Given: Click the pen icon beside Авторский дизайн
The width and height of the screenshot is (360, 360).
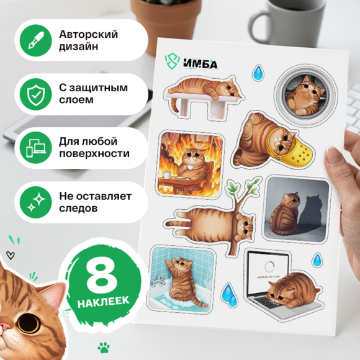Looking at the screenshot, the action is [x=36, y=40].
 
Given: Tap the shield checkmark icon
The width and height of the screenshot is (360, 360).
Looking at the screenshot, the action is [x=36, y=94].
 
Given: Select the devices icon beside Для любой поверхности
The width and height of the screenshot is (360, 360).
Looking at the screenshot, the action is [x=36, y=148].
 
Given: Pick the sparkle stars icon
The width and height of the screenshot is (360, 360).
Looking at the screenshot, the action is [x=36, y=202].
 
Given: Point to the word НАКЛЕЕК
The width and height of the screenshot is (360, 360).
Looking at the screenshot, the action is [x=103, y=302].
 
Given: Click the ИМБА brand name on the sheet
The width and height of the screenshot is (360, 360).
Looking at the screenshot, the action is [x=200, y=63].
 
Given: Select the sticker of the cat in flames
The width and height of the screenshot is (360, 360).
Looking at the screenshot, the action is [x=191, y=164].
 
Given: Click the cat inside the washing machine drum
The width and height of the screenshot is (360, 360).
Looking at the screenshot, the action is [x=305, y=96].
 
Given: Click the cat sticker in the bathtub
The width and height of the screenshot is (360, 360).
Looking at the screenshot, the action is [x=182, y=279].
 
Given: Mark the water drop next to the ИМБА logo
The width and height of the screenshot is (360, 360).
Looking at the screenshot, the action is [x=258, y=73].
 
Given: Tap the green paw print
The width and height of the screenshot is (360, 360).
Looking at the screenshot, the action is [x=104, y=347].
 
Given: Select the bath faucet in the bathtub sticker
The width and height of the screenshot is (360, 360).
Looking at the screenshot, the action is [x=158, y=281].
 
